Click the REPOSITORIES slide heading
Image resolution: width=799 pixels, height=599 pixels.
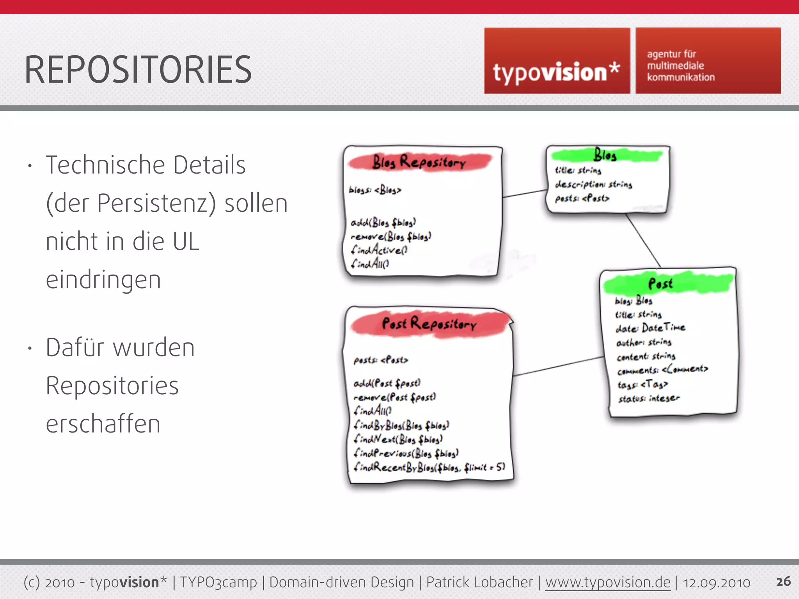tap(138, 70)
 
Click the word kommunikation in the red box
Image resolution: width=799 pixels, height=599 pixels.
tap(681, 77)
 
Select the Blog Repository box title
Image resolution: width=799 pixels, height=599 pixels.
tap(419, 162)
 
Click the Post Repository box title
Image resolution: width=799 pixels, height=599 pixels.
tap(429, 324)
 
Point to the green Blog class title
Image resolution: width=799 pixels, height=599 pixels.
tap(605, 155)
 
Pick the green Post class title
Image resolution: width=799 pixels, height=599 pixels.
tap(660, 284)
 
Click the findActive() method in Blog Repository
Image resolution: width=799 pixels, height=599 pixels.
tap(379, 250)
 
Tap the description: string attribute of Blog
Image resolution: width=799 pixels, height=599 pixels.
tap(593, 184)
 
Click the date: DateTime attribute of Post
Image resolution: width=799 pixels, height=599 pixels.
tap(650, 328)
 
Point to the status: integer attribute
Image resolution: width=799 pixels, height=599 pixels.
tap(649, 398)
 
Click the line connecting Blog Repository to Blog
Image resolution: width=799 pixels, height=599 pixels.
tap(524, 193)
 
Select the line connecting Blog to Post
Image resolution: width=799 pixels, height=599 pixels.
tap(643, 240)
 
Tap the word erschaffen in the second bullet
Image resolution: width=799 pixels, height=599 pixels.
tap(103, 424)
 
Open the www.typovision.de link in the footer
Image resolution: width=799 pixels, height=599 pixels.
tap(607, 582)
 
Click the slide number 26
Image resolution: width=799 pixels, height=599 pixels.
tap(783, 581)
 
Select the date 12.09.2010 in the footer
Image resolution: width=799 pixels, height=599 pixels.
tap(716, 583)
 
